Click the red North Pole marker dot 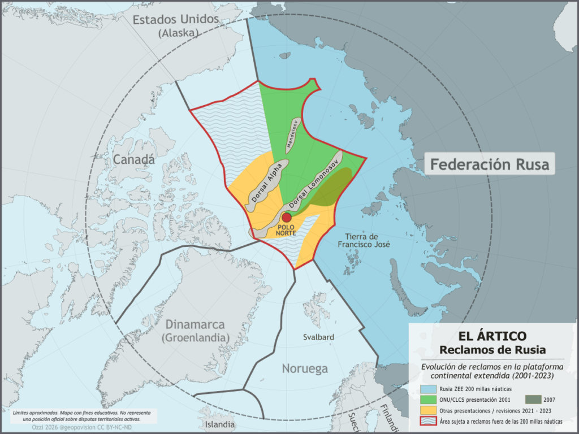tap(287, 218)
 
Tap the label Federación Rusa tap(489, 165)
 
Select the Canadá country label tap(134, 160)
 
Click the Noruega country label tap(305, 369)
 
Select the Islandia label tap(219, 424)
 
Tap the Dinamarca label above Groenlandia tap(195, 325)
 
